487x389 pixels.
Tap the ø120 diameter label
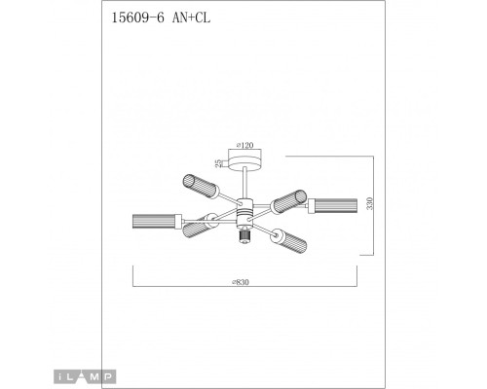(243, 144)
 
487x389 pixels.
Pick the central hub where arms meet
(243, 207)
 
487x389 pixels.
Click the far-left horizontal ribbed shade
(154, 220)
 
